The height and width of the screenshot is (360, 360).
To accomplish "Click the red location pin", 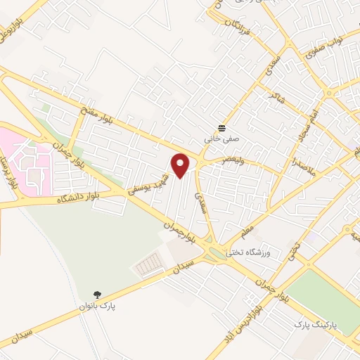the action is (x=181, y=165).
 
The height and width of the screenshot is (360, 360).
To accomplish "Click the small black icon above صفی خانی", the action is (x=222, y=128).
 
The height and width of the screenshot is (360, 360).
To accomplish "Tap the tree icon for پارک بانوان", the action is (x=96, y=295).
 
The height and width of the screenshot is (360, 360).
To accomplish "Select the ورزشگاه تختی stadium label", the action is (x=248, y=251).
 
